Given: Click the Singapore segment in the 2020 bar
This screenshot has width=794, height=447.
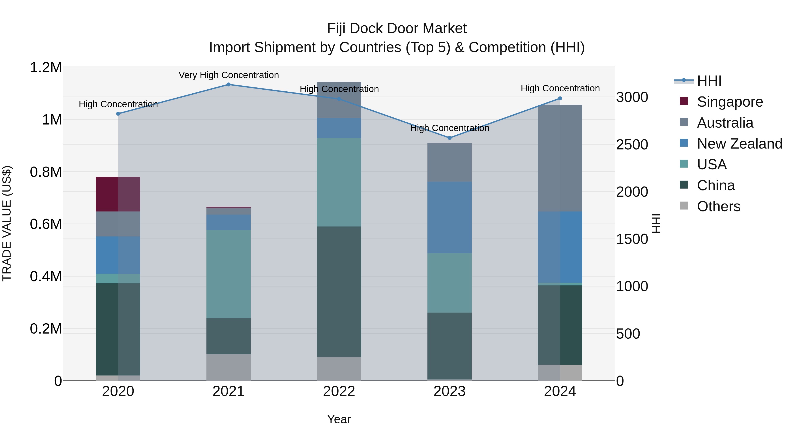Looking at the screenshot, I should tap(118, 194).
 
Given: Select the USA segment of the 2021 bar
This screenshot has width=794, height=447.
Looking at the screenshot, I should tap(228, 274).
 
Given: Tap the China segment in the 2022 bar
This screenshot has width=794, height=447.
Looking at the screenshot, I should tap(339, 292).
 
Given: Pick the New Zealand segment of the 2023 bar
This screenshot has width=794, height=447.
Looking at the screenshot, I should tap(449, 217).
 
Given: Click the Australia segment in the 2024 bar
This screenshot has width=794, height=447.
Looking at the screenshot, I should tap(560, 158).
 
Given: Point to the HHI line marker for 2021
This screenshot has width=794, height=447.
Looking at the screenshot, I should tap(228, 84).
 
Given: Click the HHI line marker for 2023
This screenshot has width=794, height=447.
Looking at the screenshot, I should tap(449, 138).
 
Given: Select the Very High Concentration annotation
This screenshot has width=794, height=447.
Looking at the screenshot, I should tap(228, 75).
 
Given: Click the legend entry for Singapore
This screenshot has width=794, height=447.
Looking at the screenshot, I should tap(730, 102).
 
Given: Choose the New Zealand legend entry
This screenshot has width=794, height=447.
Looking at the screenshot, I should tap(739, 144).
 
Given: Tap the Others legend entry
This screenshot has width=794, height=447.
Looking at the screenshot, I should tap(718, 206).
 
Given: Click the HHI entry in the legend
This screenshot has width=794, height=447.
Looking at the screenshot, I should tap(709, 81).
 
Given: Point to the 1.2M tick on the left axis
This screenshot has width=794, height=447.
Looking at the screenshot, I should tap(46, 67).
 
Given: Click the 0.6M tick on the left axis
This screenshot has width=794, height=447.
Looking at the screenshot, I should tap(46, 224).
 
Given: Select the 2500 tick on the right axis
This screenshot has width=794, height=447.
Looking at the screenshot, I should tap(632, 145).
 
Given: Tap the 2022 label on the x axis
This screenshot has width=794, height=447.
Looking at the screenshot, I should tap(339, 391).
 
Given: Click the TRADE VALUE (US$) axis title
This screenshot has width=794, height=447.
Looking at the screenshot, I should tap(7, 223).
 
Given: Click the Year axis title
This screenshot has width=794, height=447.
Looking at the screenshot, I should tap(339, 419).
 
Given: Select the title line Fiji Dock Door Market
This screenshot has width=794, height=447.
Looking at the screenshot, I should tap(397, 28).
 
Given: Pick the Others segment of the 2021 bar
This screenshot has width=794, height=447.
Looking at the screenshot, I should tap(228, 367).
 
